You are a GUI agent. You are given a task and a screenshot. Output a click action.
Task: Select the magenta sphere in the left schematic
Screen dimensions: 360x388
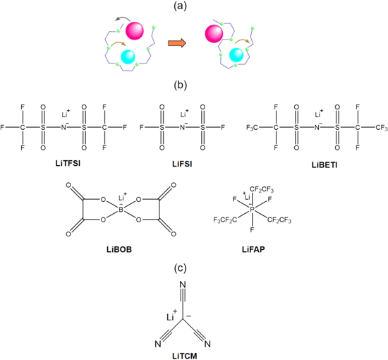click(135, 31)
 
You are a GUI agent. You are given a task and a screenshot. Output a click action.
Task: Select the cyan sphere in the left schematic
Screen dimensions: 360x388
click(128, 56)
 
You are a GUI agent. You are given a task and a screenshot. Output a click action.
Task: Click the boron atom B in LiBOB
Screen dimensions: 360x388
click(121, 210)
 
